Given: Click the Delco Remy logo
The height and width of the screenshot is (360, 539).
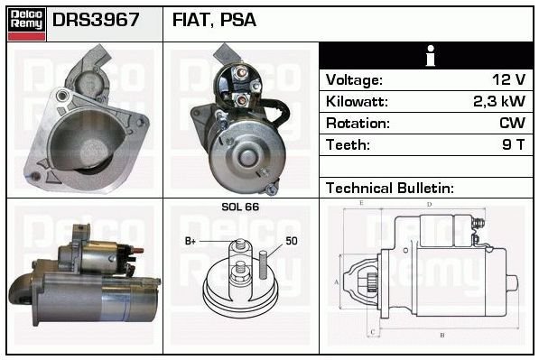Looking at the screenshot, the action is (26, 24).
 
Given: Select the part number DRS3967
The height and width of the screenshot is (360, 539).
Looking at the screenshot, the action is (96, 20).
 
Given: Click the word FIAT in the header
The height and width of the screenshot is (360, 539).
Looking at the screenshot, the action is (192, 20).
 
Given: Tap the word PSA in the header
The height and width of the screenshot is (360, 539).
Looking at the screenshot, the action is (237, 20).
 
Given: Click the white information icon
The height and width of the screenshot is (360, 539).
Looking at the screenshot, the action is (430, 56).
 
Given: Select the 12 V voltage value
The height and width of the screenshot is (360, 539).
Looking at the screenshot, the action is (508, 79).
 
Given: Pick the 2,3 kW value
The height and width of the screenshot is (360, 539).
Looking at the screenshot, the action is (499, 101).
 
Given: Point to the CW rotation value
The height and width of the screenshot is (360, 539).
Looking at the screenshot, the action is (512, 123).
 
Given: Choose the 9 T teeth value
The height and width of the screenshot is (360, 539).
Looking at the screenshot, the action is (514, 144).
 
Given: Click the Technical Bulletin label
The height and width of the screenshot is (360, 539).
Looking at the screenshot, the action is (390, 189).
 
